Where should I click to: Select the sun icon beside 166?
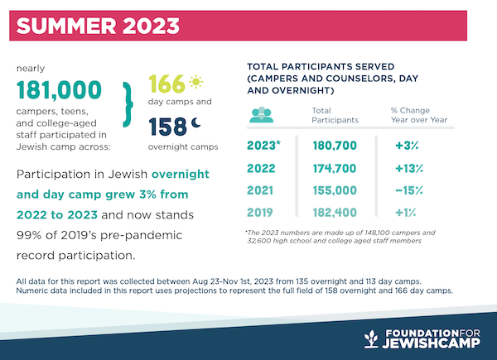pos(195,84)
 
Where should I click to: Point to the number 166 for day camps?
pos(166,84)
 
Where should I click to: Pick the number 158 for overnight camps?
pos(166,126)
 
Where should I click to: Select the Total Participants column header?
pos(334,115)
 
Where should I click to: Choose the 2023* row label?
pos(263,147)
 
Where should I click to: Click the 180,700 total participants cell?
pos(335,147)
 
